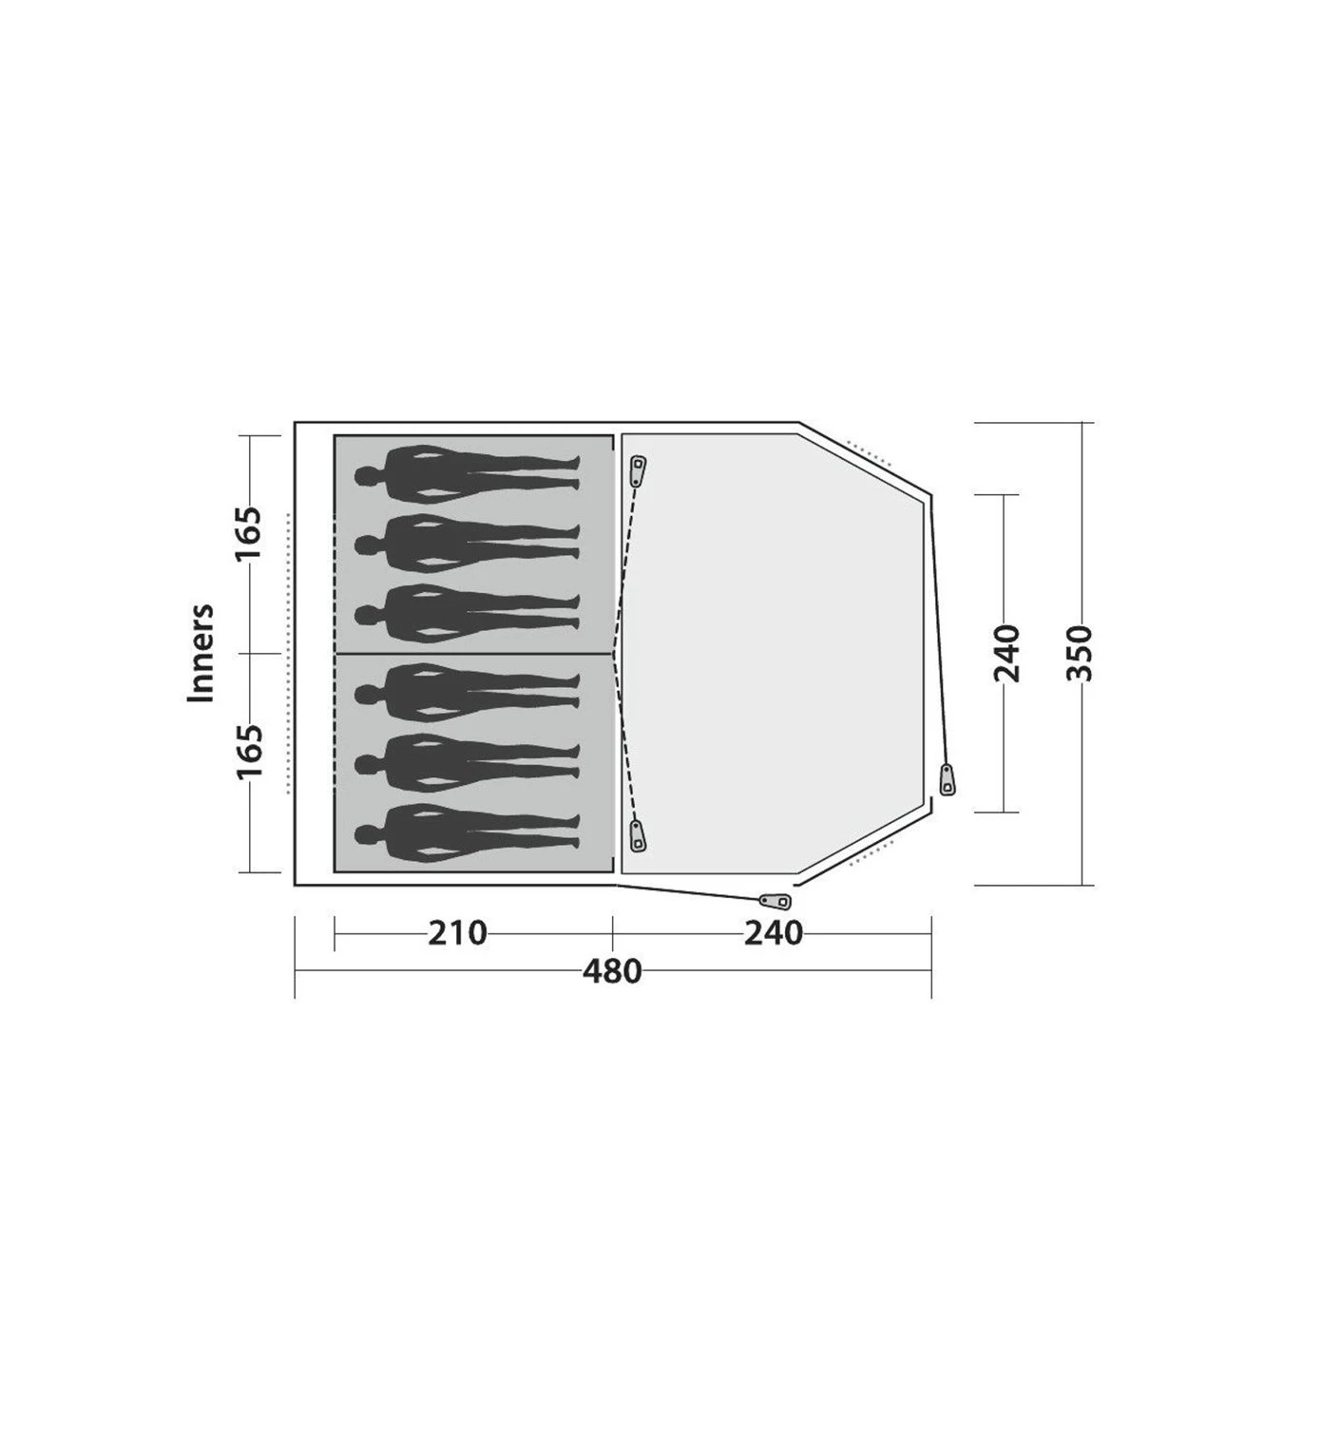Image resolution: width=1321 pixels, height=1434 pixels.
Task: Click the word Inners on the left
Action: (x=201, y=654)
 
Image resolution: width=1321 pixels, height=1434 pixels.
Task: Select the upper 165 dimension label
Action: (x=250, y=535)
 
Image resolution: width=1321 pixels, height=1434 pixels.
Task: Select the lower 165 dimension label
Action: (x=250, y=753)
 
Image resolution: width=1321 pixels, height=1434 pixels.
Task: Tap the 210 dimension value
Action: (x=457, y=933)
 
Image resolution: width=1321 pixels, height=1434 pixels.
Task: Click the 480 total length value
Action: (x=612, y=971)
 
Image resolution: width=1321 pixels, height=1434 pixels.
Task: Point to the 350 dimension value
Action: (x=1080, y=653)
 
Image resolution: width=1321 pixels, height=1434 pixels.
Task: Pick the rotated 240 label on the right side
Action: (x=1007, y=653)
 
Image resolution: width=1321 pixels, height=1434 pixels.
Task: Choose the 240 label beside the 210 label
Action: (x=774, y=933)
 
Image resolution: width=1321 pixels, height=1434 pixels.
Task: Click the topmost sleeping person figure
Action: (x=467, y=475)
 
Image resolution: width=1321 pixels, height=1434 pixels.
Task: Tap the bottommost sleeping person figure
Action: (x=467, y=834)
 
